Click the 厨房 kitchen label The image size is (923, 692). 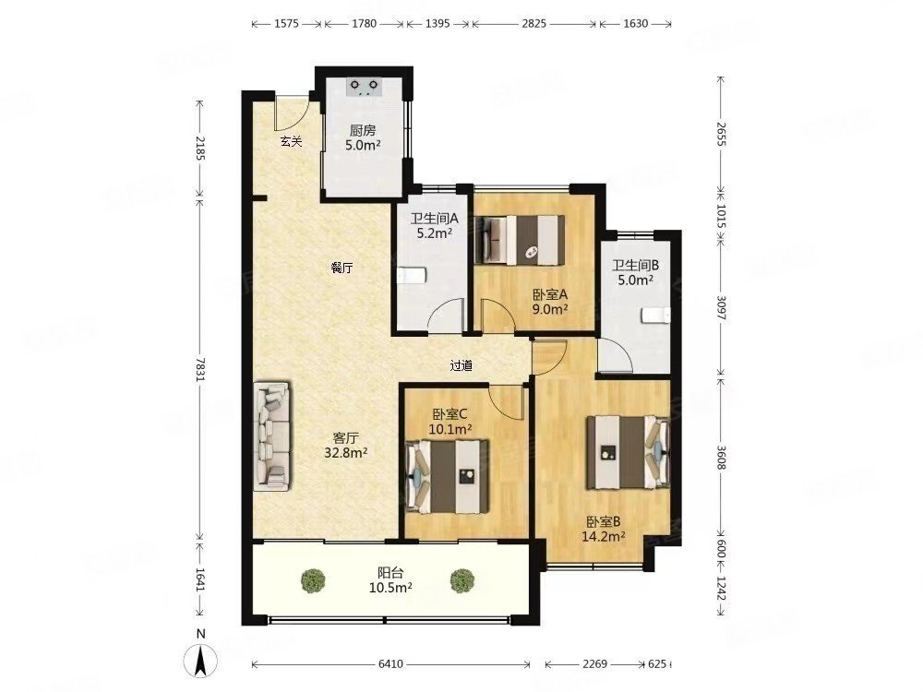pyautogui.click(x=363, y=130)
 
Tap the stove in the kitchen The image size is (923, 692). pyautogui.click(x=365, y=87)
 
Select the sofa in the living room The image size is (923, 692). pyautogui.click(x=272, y=436)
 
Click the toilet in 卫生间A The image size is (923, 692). pyautogui.click(x=412, y=275)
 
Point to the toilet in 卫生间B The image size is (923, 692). pyautogui.click(x=655, y=316)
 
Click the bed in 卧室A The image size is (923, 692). pyautogui.click(x=521, y=240)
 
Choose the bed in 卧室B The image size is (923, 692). pyautogui.click(x=628, y=452)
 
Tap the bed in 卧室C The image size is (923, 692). pyautogui.click(x=448, y=475)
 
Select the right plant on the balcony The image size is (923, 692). pyautogui.click(x=462, y=580)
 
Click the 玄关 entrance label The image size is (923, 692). pyautogui.click(x=291, y=141)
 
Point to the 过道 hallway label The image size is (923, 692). pyautogui.click(x=461, y=365)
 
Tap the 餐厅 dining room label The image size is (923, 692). pyautogui.click(x=342, y=268)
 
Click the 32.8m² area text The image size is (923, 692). pyautogui.click(x=346, y=452)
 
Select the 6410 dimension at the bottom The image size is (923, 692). pyautogui.click(x=390, y=663)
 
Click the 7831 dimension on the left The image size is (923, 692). pyautogui.click(x=200, y=370)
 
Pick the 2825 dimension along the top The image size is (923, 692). pyautogui.click(x=533, y=24)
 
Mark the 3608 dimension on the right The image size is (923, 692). pyautogui.click(x=721, y=456)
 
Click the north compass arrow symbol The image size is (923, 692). pyautogui.click(x=201, y=662)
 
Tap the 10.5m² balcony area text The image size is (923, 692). pyautogui.click(x=390, y=587)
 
